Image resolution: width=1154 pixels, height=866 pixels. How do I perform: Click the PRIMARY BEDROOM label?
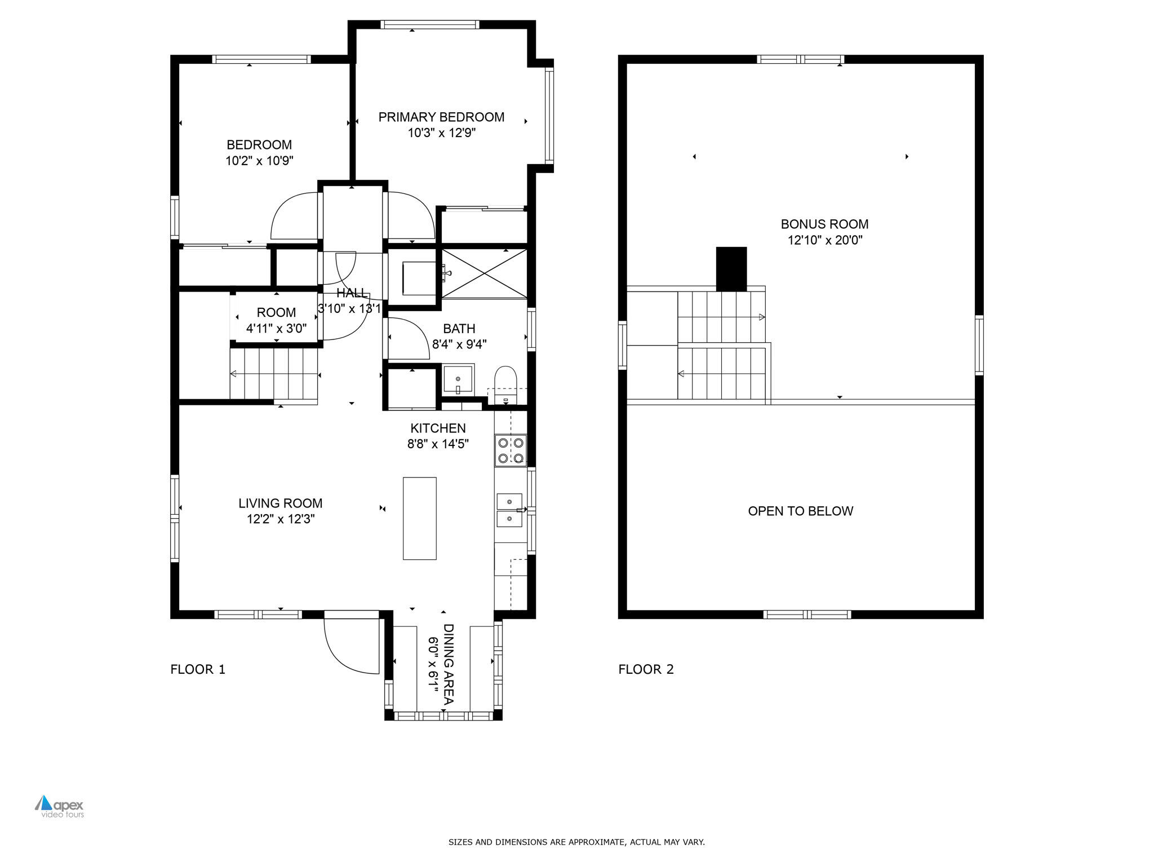pyautogui.click(x=441, y=117)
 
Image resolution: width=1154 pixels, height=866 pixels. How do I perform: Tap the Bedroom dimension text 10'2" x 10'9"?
pyautogui.click(x=259, y=161)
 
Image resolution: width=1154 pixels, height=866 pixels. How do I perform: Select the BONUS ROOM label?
pyautogui.click(x=824, y=224)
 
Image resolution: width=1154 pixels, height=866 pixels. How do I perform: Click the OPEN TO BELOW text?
pyautogui.click(x=800, y=511)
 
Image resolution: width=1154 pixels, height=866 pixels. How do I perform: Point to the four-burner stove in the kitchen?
pyautogui.click(x=511, y=450)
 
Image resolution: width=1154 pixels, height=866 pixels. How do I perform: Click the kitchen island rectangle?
pyautogui.click(x=419, y=518)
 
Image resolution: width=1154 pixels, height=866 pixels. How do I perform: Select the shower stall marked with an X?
pyautogui.click(x=484, y=273)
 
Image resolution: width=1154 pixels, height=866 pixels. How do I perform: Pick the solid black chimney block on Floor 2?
pyautogui.click(x=731, y=269)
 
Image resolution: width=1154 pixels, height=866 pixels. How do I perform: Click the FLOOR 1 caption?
pyautogui.click(x=198, y=669)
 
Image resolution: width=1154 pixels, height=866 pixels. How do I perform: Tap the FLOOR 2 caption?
pyautogui.click(x=646, y=669)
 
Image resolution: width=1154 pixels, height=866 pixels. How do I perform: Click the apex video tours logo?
pyautogui.click(x=60, y=807)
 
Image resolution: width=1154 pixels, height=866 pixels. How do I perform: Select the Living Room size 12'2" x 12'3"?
pyautogui.click(x=281, y=519)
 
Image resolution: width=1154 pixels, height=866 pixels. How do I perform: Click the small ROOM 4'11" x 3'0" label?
pyautogui.click(x=276, y=320)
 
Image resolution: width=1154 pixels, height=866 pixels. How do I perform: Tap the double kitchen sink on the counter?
pyautogui.click(x=509, y=510)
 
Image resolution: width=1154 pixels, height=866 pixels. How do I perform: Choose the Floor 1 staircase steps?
pyautogui.click(x=274, y=373)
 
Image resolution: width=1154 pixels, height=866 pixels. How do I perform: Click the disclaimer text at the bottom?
pyautogui.click(x=576, y=842)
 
